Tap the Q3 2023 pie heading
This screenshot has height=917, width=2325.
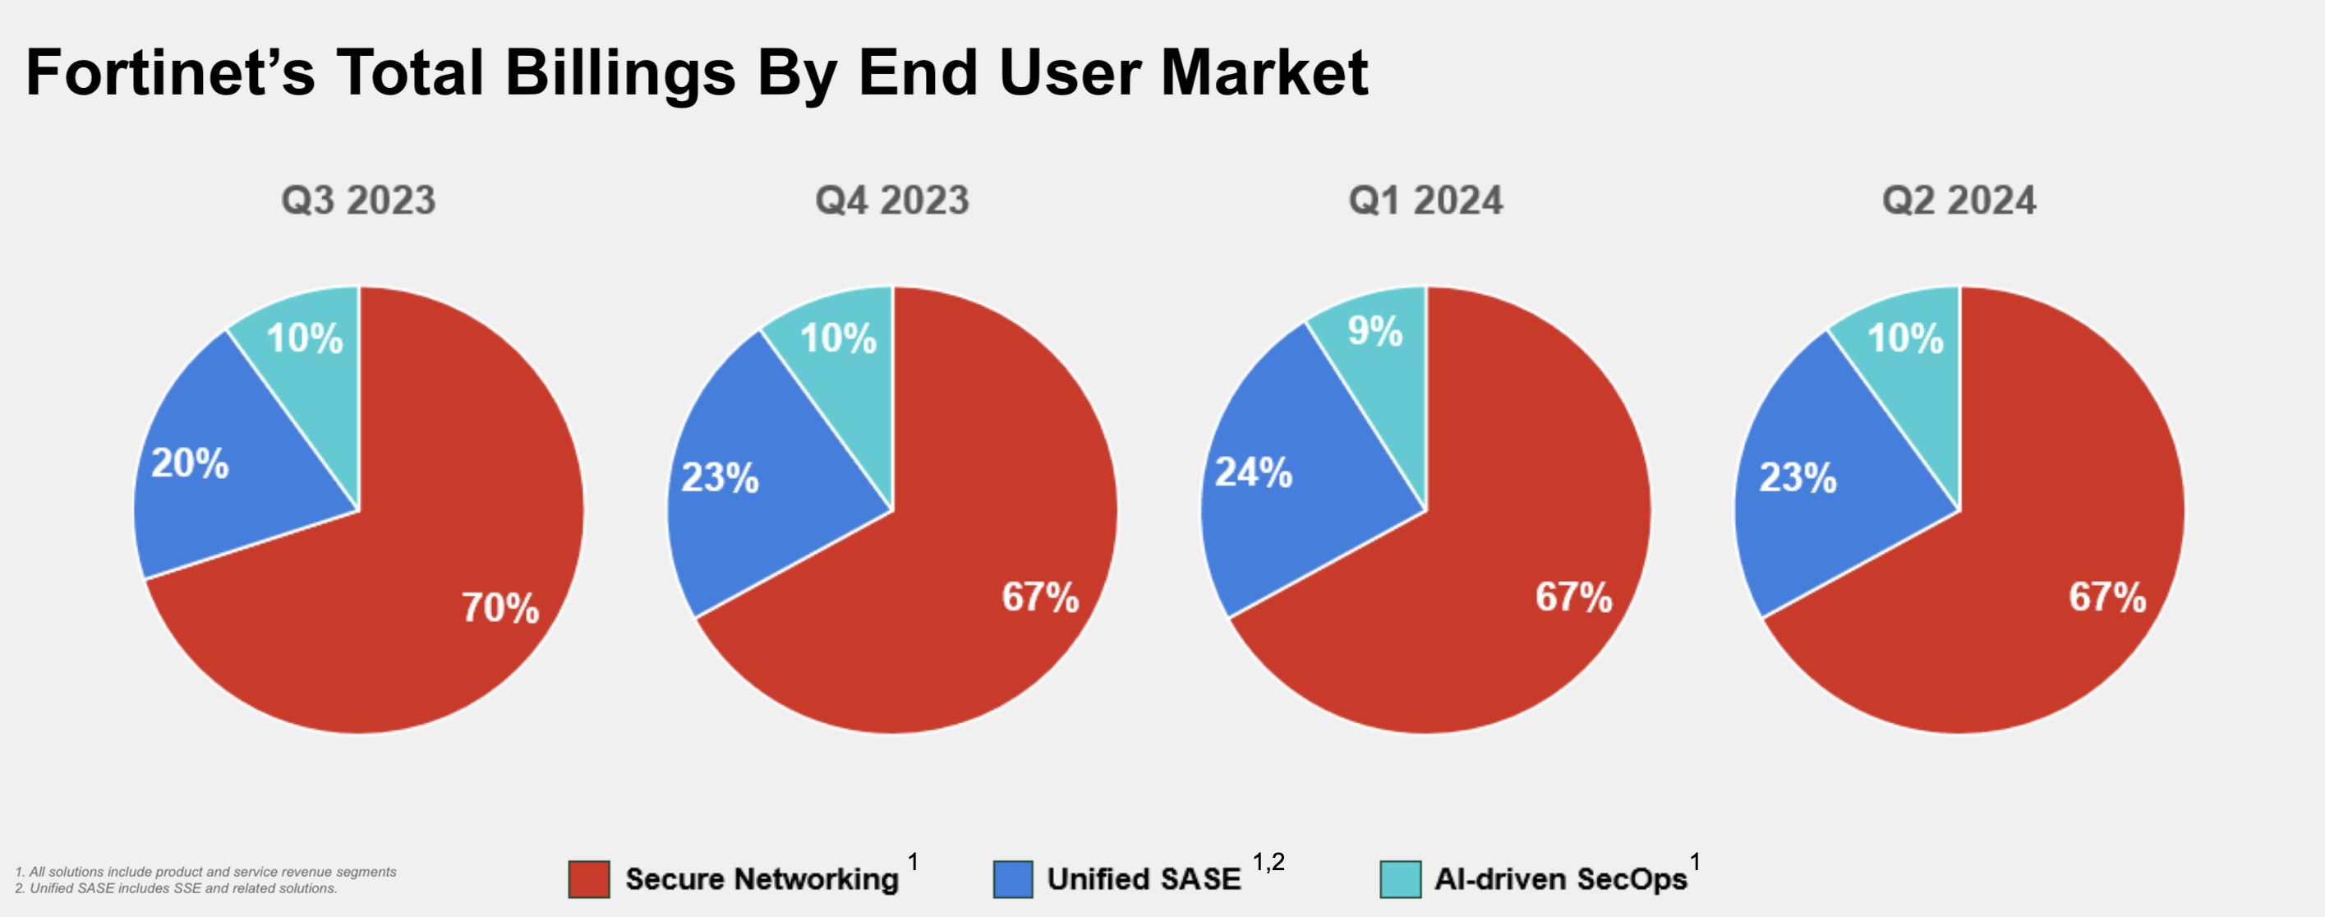[x=358, y=200]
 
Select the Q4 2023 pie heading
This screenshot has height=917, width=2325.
[x=891, y=200]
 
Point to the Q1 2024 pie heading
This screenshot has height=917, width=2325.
[x=1425, y=200]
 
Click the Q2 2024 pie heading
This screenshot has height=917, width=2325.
[x=1959, y=200]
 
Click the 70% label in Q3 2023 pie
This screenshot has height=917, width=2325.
[x=500, y=607]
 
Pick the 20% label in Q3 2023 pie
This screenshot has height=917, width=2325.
[x=190, y=463]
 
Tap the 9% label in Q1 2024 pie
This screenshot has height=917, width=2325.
[x=1374, y=330]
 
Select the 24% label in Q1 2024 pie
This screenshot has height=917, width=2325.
[x=1253, y=472]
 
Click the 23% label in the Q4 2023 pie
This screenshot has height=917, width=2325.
[x=720, y=477]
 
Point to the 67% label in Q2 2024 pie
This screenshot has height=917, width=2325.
[x=2106, y=597]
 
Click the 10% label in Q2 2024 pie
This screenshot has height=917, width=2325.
[x=1904, y=339]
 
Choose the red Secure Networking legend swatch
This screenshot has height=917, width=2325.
[x=588, y=879]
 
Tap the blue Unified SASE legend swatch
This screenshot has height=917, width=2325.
[x=1013, y=879]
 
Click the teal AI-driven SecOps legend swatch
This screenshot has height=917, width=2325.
[x=1400, y=879]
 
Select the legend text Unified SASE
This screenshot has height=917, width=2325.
[x=1144, y=879]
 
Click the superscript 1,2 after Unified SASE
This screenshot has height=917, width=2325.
[x=1268, y=862]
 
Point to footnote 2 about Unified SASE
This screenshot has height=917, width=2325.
[x=176, y=888]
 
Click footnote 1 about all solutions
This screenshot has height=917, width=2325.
[x=205, y=872]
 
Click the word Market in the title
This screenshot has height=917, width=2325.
[x=1264, y=72]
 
